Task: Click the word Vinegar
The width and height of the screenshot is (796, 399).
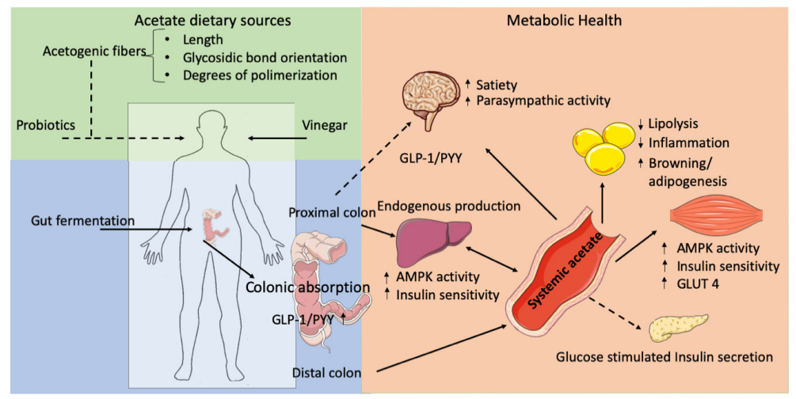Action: pos(327,127)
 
